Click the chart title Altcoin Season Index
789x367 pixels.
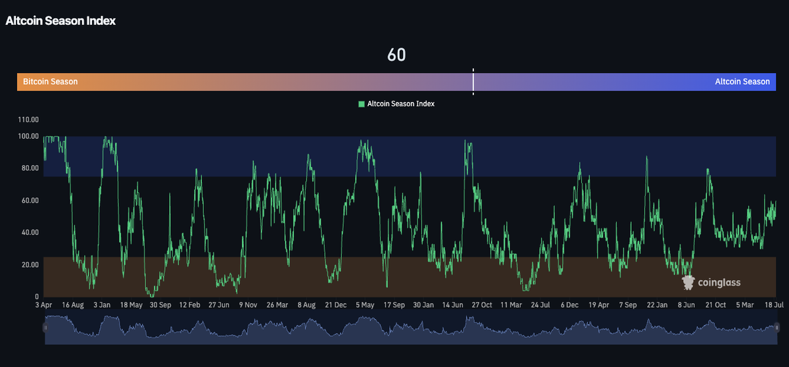(x=60, y=21)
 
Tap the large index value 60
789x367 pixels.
(x=396, y=55)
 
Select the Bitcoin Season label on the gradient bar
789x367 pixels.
(x=51, y=82)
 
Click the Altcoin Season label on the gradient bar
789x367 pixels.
(x=742, y=82)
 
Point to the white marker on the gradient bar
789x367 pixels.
(x=473, y=82)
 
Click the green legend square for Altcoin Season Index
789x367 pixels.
(x=362, y=104)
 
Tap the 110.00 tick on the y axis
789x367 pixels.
(x=28, y=120)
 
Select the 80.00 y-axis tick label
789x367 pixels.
(x=30, y=168)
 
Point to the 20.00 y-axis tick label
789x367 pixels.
(x=30, y=264)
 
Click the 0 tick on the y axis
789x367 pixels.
(x=37, y=297)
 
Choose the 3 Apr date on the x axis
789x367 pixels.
(x=43, y=305)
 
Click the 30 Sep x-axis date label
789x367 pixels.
(x=160, y=305)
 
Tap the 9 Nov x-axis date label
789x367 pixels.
(x=248, y=305)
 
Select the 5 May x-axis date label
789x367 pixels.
(x=365, y=305)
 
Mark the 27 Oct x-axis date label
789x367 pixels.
(x=482, y=305)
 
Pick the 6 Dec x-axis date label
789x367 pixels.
(x=569, y=305)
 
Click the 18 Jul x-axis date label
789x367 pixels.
(x=774, y=305)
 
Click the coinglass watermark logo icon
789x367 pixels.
(x=688, y=282)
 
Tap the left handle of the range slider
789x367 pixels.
(x=45, y=328)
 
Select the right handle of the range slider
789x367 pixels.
(x=777, y=328)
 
